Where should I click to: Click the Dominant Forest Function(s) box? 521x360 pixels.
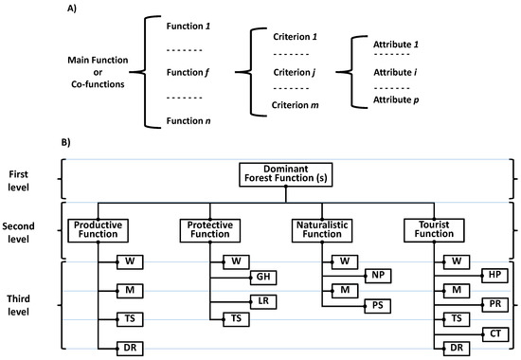coord(286,173)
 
